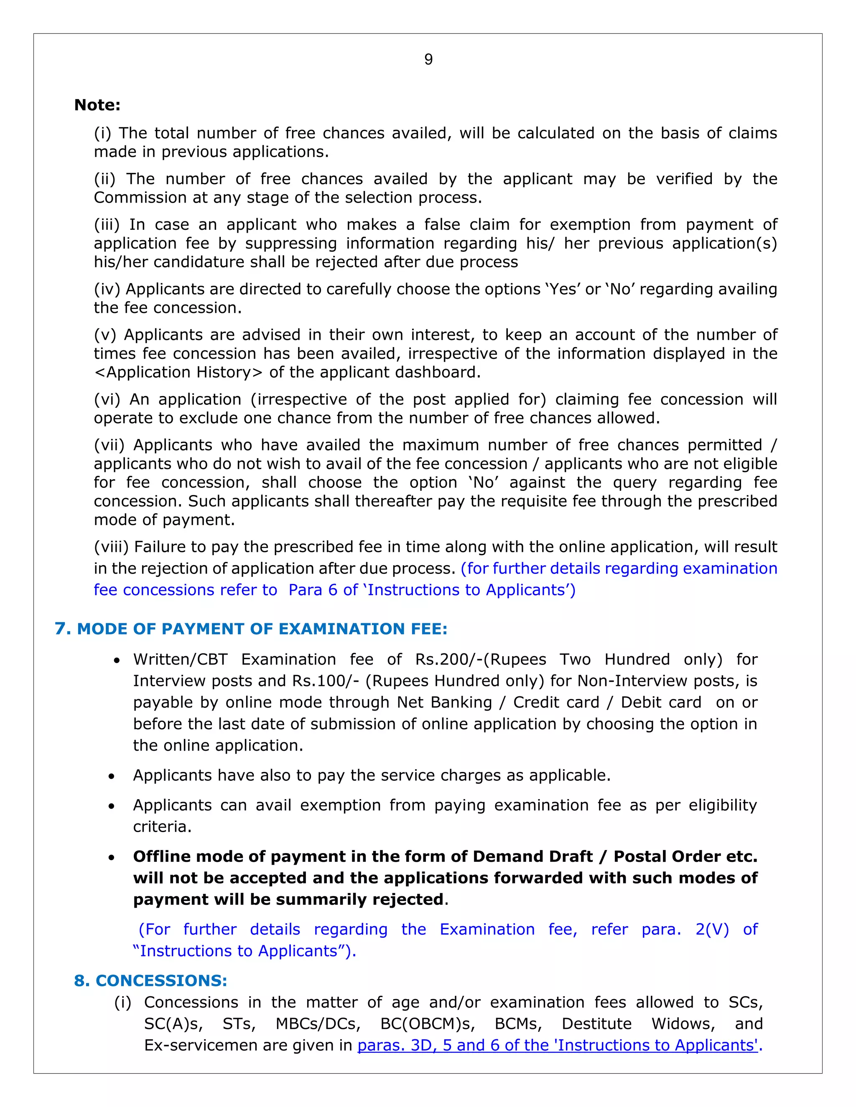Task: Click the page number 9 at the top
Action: tap(428, 60)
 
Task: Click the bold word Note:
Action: tap(97, 105)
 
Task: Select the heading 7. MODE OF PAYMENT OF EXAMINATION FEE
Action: tap(251, 629)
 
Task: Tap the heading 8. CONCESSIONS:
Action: tap(150, 980)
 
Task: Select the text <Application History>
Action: tap(178, 372)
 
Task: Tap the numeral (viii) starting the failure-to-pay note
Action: tap(112, 547)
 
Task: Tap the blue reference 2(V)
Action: tap(712, 929)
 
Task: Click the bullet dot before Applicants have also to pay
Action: tap(111, 777)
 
